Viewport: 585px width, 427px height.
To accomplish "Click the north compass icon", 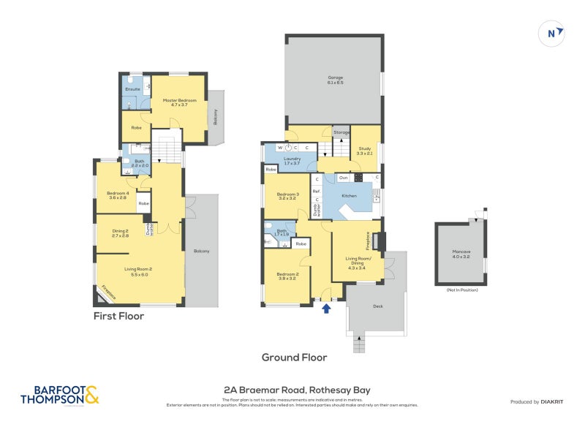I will (x=552, y=33).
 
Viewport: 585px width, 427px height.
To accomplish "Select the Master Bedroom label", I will (x=180, y=102).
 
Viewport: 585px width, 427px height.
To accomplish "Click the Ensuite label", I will (x=132, y=89).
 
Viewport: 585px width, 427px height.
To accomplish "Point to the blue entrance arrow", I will (x=327, y=309).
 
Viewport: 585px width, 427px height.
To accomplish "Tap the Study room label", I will (x=365, y=151).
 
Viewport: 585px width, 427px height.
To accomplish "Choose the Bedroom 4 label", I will (x=117, y=195).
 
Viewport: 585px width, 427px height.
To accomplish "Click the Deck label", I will (x=377, y=306).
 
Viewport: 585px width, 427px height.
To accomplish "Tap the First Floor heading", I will (x=118, y=317).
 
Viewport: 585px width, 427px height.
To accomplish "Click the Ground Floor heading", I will (x=294, y=358).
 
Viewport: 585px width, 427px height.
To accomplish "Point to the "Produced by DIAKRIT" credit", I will (x=540, y=402).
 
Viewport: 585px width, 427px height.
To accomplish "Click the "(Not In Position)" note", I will (x=461, y=290).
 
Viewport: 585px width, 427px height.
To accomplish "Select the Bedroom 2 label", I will (x=287, y=276).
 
